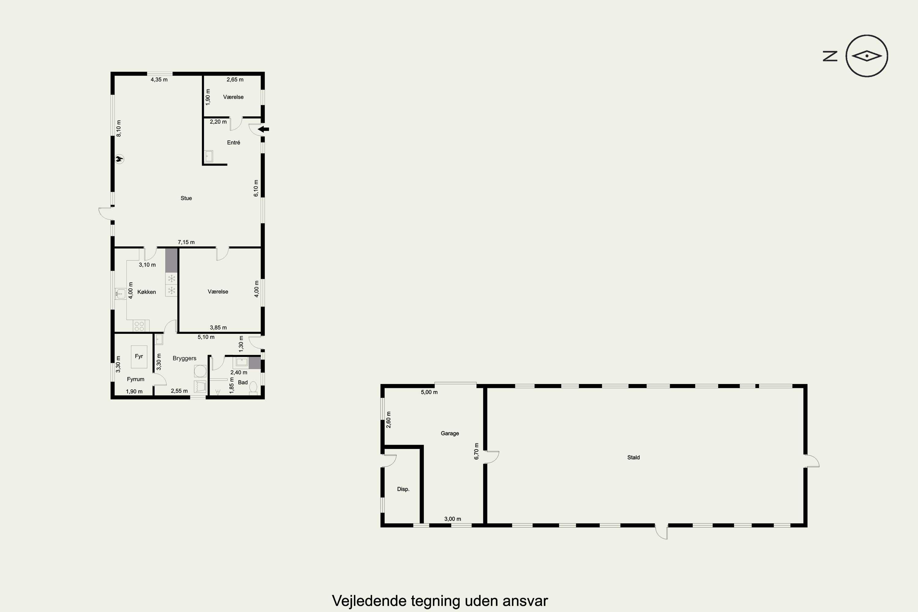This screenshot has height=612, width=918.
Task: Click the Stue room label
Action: tap(186, 198)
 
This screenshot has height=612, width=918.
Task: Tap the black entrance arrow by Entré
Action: tap(264, 129)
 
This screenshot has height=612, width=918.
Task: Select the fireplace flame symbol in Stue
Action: tap(119, 159)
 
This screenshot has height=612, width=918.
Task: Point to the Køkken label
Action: tap(147, 292)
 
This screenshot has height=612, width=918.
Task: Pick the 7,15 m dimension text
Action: tap(186, 242)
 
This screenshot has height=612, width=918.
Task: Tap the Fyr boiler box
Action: tap(139, 357)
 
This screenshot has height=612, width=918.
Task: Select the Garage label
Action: tap(450, 433)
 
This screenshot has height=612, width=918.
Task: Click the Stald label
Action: tap(633, 457)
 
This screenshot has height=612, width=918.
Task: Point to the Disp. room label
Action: tap(403, 489)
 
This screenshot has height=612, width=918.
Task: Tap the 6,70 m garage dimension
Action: tap(476, 451)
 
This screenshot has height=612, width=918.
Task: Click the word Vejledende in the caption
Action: tap(370, 601)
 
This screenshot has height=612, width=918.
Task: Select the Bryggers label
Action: tap(185, 358)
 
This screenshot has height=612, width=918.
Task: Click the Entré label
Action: tap(233, 143)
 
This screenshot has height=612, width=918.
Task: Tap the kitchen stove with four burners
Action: tap(139, 326)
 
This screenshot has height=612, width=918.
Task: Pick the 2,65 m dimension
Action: tap(235, 80)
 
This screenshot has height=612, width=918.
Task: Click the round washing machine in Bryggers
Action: tap(200, 371)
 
